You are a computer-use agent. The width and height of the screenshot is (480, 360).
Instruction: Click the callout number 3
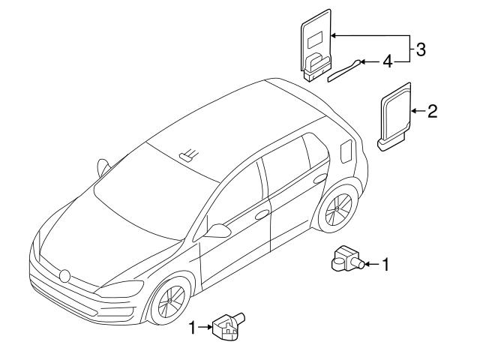421,50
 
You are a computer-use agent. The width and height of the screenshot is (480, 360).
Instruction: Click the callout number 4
387,61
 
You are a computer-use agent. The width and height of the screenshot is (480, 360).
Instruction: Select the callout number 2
432,112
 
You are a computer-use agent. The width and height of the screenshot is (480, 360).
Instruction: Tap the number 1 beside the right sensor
385,264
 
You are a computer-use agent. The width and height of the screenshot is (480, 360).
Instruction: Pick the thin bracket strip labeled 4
342,70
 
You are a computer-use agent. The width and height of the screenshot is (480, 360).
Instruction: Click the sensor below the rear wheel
344,260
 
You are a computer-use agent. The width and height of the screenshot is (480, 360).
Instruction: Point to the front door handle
262,214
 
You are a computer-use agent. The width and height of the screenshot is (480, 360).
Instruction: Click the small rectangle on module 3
314,35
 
